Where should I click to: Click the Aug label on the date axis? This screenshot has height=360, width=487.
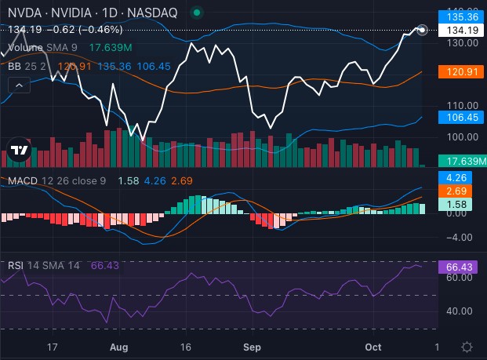pyautogui.click(x=119, y=345)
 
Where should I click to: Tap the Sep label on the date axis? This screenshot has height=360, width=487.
pyautogui.click(x=252, y=345)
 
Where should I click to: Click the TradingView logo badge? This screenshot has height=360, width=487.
pyautogui.click(x=19, y=151)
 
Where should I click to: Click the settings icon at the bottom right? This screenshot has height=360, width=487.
pyautogui.click(x=467, y=346)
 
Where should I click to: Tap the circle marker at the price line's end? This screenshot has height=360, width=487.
pyautogui.click(x=423, y=30)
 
